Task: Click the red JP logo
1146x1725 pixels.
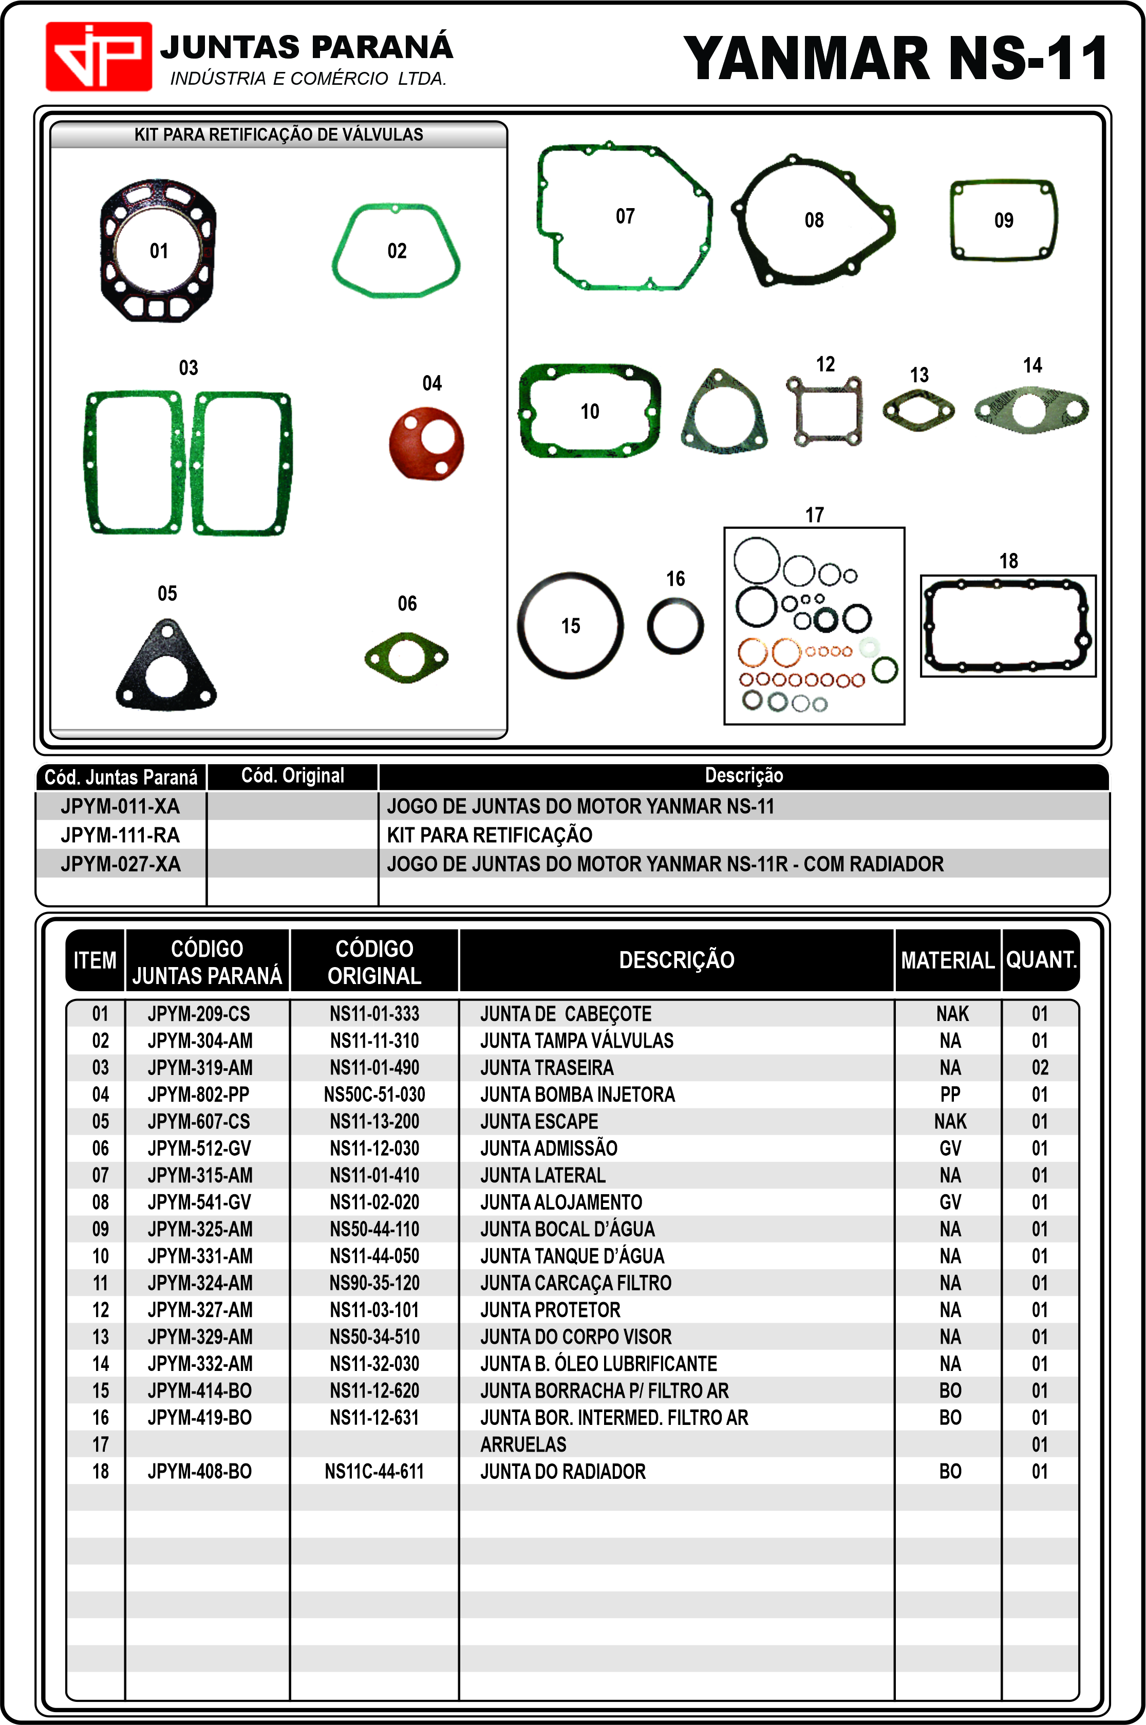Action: [x=99, y=57]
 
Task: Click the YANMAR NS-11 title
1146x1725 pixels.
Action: [x=896, y=59]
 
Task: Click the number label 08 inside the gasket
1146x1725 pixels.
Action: [x=814, y=220]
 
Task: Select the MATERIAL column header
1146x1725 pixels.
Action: [x=947, y=960]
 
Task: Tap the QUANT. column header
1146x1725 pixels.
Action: [x=1041, y=960]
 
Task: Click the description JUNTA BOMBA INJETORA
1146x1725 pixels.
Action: [x=577, y=1094]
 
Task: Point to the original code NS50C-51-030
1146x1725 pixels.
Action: [x=374, y=1094]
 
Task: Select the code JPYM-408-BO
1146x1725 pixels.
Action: [x=199, y=1471]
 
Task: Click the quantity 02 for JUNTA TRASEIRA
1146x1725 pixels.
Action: [x=1039, y=1068]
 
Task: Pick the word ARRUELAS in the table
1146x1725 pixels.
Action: [x=523, y=1444]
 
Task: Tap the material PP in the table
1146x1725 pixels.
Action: [x=950, y=1094]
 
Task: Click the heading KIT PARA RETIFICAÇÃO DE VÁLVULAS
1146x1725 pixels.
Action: [x=278, y=135]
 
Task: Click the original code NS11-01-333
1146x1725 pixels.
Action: [x=374, y=1014]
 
